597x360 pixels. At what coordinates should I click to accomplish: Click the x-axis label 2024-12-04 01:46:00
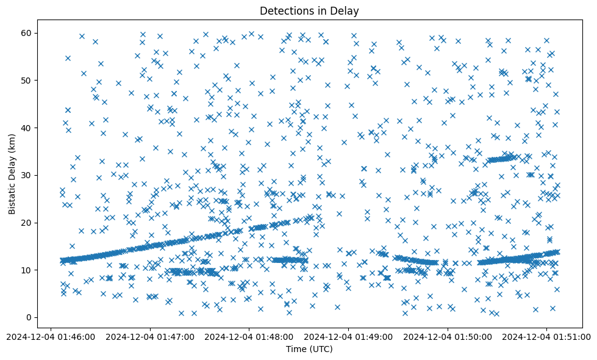[51, 336]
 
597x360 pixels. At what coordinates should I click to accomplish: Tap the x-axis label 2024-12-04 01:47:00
[150, 336]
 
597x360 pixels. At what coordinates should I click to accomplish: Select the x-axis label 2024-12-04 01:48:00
[249, 336]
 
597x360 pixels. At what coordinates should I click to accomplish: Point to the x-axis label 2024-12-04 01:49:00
[348, 336]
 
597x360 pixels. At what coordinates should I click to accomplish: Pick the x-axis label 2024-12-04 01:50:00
[448, 336]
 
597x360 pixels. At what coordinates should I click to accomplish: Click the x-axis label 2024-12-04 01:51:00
[547, 336]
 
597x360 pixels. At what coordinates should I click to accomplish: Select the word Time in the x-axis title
[296, 350]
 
